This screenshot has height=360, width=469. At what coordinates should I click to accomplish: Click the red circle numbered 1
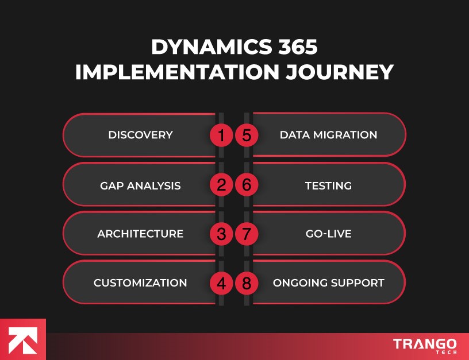tap(221, 136)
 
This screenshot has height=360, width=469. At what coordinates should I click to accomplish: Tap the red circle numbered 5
tap(247, 136)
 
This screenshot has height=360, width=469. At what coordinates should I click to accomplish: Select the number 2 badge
tap(221, 185)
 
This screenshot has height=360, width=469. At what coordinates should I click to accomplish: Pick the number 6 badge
tap(247, 185)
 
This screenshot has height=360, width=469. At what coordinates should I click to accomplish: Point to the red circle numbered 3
tap(221, 234)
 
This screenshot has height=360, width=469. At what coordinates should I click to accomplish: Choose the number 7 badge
tap(247, 234)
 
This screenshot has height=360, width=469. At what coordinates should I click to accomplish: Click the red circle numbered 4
tap(221, 282)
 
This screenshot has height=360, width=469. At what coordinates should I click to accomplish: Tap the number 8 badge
tap(247, 282)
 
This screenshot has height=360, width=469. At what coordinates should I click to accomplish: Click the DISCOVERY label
tap(140, 136)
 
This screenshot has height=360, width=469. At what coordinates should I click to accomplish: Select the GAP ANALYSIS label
tap(140, 185)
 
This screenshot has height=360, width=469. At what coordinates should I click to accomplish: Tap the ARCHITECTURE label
tap(140, 234)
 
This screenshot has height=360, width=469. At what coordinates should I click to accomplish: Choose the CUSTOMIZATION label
tap(140, 283)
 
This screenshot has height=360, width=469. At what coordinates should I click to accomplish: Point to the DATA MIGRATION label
tap(328, 136)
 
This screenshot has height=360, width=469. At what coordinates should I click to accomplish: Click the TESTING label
tap(328, 185)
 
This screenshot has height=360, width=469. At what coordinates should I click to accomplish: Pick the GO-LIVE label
tap(328, 234)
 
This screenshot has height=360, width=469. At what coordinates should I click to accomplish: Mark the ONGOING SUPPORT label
tap(328, 283)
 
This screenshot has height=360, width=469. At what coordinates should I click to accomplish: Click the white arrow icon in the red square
tap(22, 340)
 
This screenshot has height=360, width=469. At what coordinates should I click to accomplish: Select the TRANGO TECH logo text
tap(425, 345)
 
